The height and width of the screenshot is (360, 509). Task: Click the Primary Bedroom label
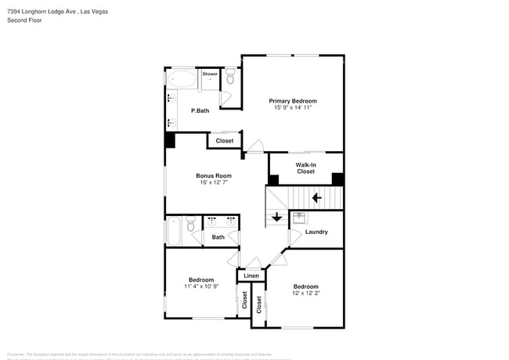293,101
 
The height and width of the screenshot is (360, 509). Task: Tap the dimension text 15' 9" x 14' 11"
293,108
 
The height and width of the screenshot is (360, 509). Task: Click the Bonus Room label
213,176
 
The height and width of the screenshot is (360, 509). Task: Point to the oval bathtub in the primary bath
182,79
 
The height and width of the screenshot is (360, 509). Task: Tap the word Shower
210,74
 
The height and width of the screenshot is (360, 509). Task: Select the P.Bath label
200,110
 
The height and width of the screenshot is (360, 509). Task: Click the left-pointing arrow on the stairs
317,198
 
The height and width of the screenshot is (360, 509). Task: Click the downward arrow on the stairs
276,217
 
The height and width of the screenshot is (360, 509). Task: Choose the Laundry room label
316,232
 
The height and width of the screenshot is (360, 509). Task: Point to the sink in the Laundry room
300,217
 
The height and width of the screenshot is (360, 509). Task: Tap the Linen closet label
251,276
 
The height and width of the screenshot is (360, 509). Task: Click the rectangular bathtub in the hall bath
174,232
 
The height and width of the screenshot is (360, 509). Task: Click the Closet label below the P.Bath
225,141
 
